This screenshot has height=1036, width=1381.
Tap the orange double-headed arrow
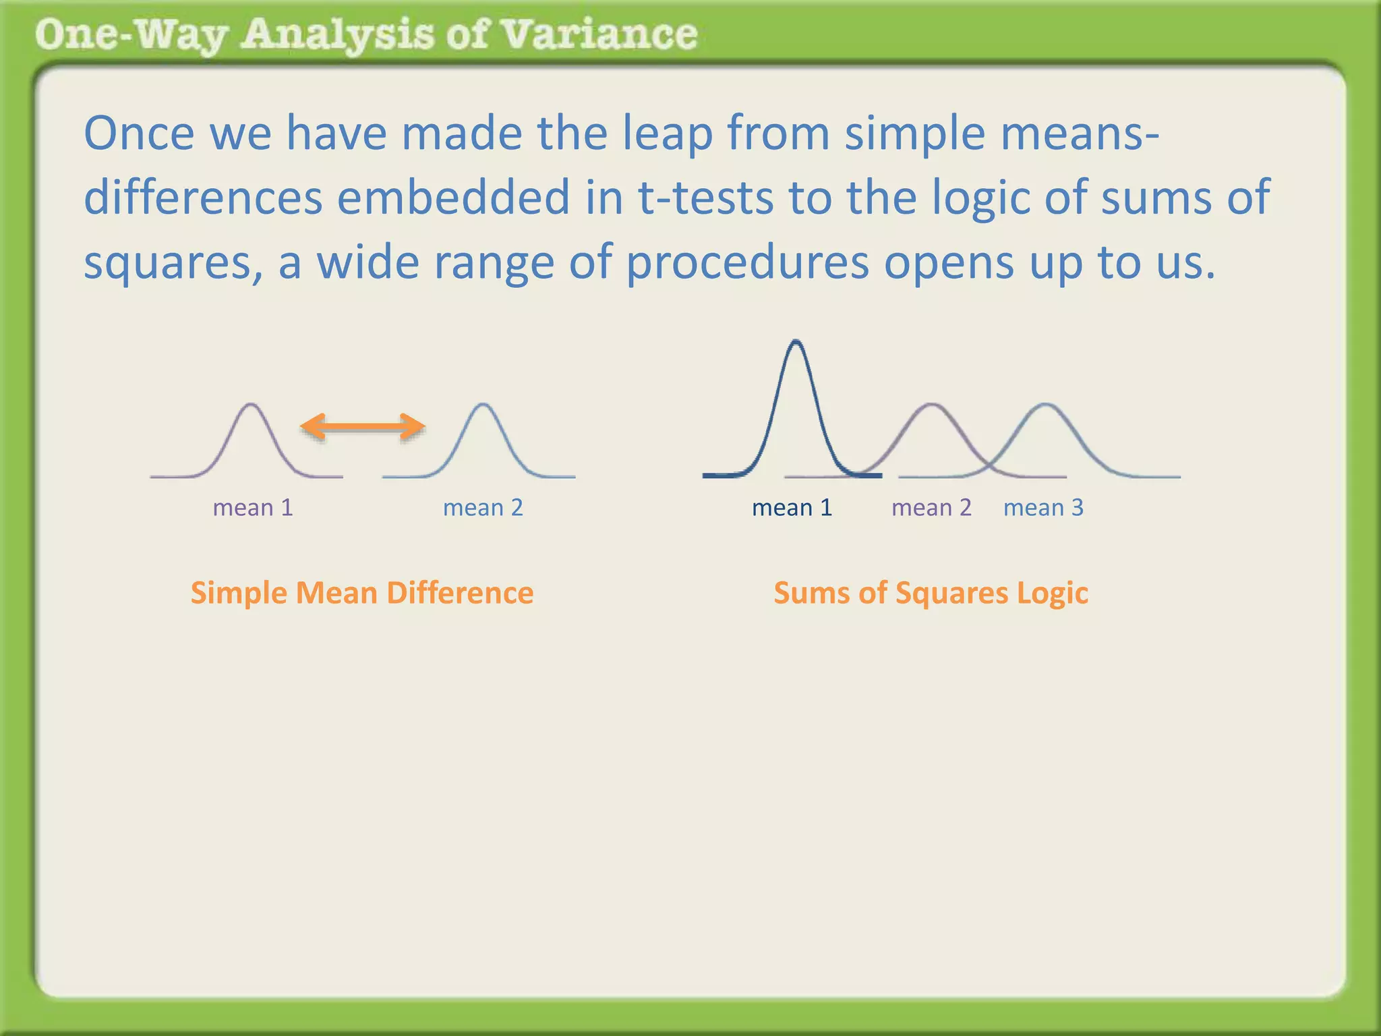click(363, 426)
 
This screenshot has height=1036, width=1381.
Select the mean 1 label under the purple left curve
click(253, 507)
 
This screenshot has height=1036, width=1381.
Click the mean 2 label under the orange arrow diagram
click(483, 507)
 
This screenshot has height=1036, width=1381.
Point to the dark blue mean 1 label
click(792, 507)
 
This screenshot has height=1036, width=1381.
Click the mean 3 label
click(1043, 507)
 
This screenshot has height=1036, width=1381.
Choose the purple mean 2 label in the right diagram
click(931, 507)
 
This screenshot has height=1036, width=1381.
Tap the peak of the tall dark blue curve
click(796, 343)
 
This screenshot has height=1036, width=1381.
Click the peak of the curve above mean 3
click(1045, 405)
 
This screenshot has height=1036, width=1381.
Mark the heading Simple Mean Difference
click(362, 593)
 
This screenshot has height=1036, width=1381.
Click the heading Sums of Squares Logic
click(931, 593)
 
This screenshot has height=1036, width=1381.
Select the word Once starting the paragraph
click(139, 134)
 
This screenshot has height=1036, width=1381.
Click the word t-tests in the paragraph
click(705, 198)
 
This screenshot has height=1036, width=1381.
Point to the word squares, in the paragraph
click(173, 263)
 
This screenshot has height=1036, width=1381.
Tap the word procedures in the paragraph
click(748, 263)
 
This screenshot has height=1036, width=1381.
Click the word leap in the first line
click(666, 134)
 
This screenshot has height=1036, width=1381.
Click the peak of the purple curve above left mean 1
click(252, 405)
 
